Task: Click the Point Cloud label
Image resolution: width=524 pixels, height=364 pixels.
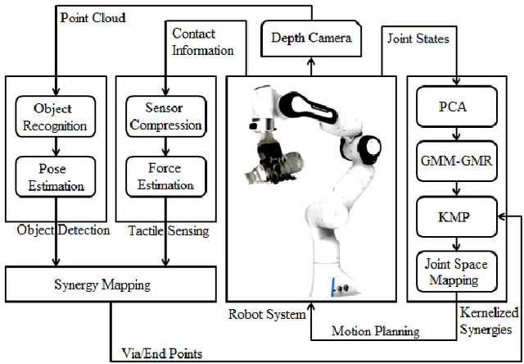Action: (93, 16)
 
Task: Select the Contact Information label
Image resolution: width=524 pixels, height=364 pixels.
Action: (202, 42)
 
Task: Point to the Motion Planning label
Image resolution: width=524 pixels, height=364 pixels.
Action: (376, 331)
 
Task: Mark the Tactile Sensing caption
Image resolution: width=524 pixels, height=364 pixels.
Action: (169, 231)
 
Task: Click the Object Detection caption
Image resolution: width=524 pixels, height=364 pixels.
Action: (63, 230)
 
